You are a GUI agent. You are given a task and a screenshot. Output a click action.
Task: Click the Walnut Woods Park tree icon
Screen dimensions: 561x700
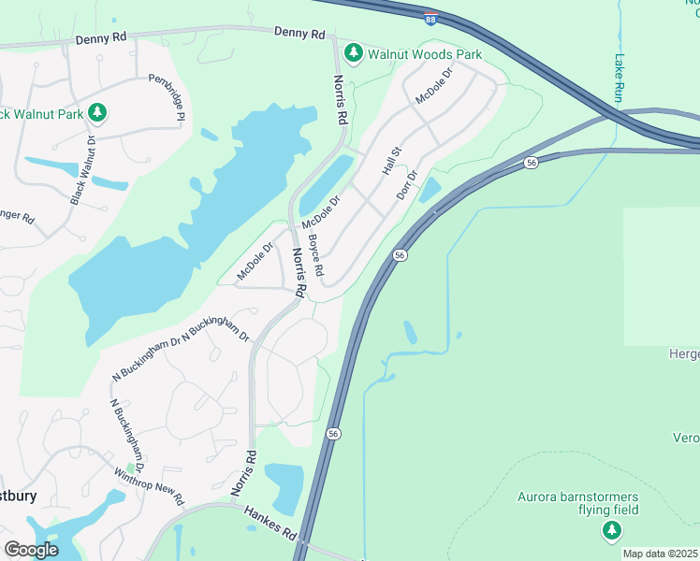tap(354, 53)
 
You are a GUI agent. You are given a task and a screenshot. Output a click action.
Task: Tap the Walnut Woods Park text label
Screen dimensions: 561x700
tap(424, 54)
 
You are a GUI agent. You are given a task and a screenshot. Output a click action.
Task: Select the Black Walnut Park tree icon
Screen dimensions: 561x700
tap(98, 113)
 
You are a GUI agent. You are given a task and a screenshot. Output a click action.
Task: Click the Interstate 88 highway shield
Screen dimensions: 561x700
tap(430, 19)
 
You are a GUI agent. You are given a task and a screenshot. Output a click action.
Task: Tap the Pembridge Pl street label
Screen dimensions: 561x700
tap(168, 97)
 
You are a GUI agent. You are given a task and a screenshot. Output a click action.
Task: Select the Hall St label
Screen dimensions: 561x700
tap(391, 161)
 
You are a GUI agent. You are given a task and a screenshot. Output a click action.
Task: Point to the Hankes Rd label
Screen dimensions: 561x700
tap(270, 523)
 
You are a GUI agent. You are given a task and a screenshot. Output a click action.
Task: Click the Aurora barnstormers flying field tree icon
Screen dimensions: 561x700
tap(611, 531)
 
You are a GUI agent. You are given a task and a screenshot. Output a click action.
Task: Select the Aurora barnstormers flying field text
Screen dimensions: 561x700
tap(579, 503)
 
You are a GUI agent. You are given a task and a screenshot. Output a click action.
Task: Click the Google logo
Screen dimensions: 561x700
tap(31, 550)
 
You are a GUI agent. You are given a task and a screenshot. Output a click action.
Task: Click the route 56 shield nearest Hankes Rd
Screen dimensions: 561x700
tap(332, 434)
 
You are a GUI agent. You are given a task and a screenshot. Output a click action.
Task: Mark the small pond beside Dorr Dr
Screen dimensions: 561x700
tap(430, 190)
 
